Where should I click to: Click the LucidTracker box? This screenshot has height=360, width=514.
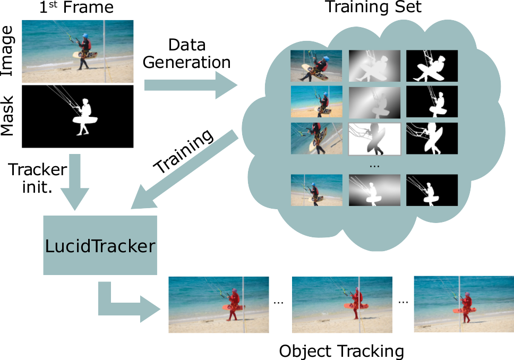point(100,245)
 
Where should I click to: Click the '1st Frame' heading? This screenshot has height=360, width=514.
point(77,9)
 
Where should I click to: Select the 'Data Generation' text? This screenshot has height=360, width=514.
point(186,53)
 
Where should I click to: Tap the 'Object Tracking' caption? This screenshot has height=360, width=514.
point(341,351)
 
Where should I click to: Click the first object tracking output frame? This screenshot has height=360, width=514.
point(219,304)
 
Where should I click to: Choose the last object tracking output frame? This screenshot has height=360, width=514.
point(464,304)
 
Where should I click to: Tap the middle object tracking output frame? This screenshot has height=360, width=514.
point(342,304)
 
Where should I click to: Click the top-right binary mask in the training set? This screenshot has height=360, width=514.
point(432,66)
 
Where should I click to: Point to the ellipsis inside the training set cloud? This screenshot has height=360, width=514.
point(374,165)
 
